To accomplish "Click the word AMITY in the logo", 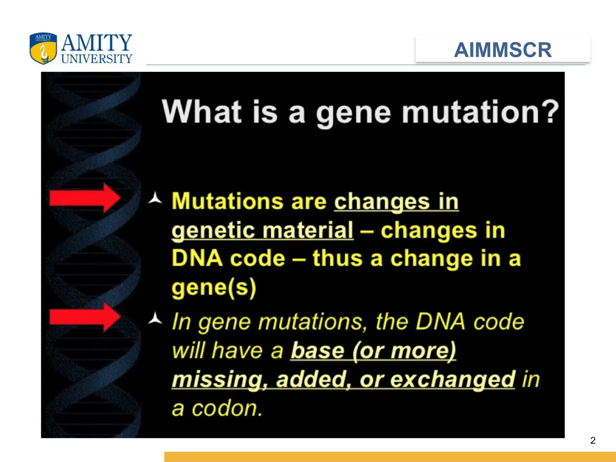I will point(97,43).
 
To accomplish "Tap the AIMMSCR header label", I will point(503,50).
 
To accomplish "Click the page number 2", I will point(593,440).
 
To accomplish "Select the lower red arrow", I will point(85,317).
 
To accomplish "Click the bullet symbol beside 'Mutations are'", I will point(155,198).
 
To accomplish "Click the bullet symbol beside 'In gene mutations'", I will point(155,319).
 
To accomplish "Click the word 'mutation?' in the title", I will point(480,112).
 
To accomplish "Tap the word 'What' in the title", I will point(202,112).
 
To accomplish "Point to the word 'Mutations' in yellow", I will point(227,201).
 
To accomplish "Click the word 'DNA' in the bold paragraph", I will point(197,258).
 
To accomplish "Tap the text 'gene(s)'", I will point(214,288).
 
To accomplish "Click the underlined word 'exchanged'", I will point(453,380).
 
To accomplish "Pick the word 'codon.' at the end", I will point(227,408).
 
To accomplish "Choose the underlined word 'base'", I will point(317,351).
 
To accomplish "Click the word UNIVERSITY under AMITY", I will point(97,59).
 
